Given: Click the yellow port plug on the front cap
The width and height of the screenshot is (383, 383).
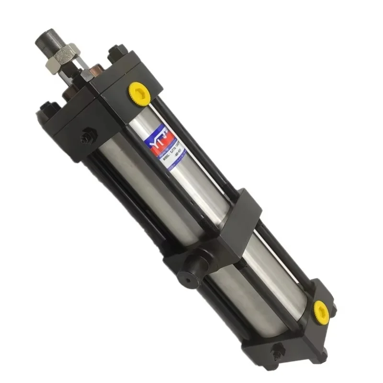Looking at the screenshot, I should (x=140, y=93).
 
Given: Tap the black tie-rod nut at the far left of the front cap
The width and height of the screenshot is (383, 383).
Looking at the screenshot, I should (x=47, y=108).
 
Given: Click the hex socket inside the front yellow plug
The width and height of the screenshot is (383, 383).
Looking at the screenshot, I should (x=140, y=92).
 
